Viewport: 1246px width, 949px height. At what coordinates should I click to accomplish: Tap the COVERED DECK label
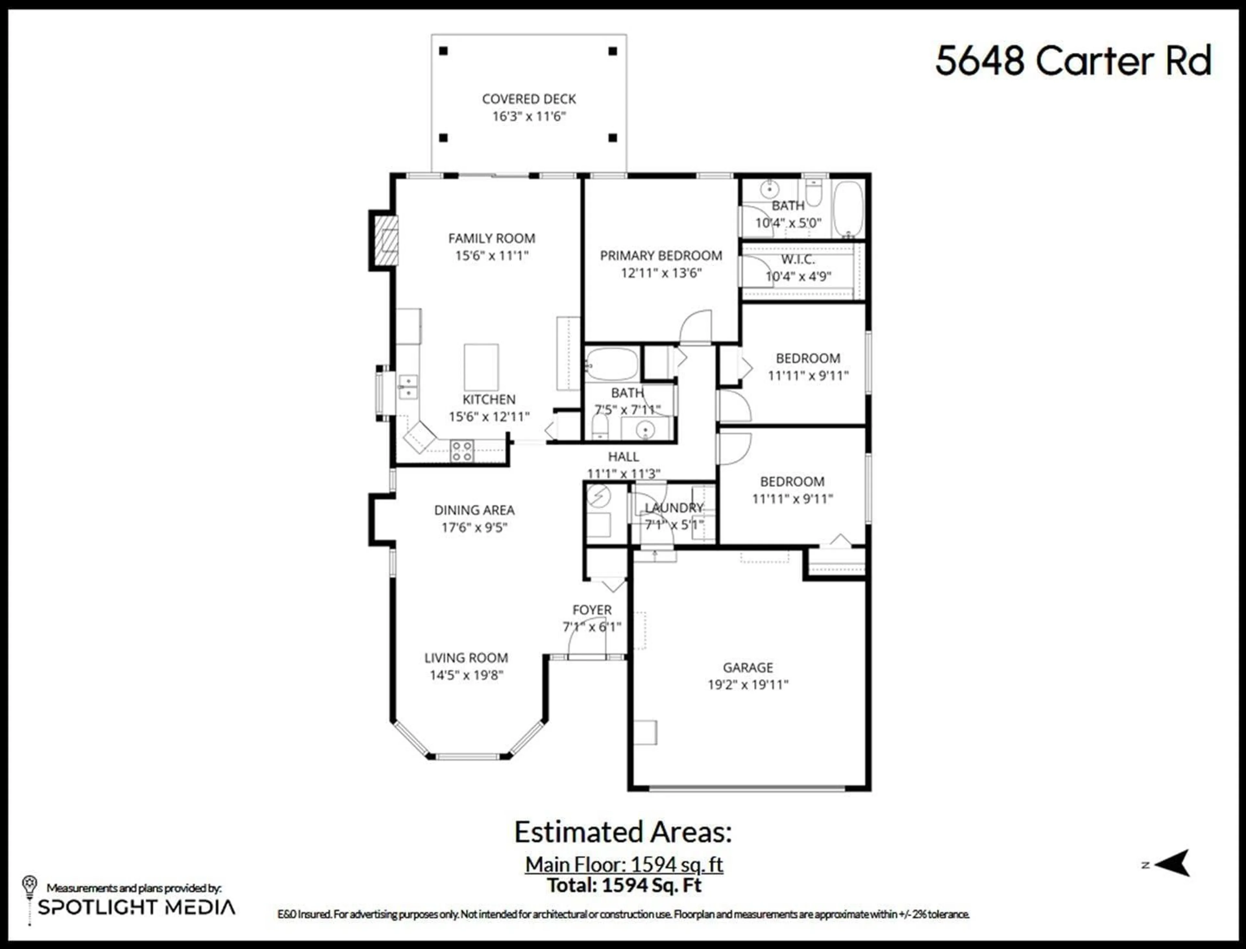[529, 99]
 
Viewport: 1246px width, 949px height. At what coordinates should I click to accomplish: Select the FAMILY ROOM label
[492, 238]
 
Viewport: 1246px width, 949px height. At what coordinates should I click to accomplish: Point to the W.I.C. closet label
[798, 259]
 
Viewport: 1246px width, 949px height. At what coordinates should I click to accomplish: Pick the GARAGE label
[748, 667]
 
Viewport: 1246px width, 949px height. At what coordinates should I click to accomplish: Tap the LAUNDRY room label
[674, 507]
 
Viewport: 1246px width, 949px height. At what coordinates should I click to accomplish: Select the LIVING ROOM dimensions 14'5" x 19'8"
[466, 675]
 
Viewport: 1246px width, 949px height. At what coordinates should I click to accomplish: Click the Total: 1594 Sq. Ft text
[624, 884]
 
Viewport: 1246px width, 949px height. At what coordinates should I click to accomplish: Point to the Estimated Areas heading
[623, 832]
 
